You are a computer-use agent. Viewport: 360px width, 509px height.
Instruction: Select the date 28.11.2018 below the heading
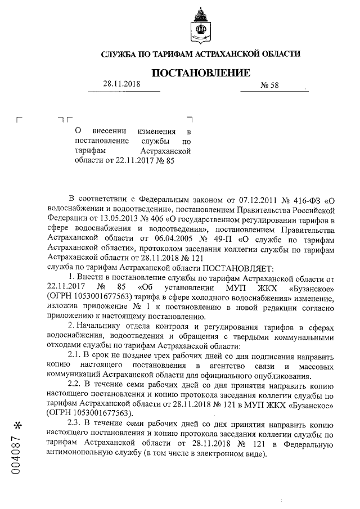tap(121, 84)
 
